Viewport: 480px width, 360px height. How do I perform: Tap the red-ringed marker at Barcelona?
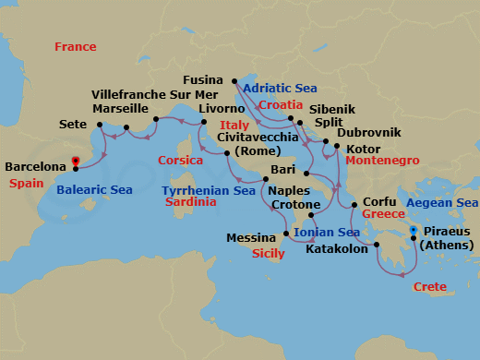[x=76, y=167]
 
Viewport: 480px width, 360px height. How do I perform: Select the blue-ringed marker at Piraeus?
[x=413, y=230]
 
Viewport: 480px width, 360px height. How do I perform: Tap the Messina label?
[x=252, y=237]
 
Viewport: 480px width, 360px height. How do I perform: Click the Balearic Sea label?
[x=94, y=190]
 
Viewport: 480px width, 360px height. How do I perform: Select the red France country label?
[x=75, y=46]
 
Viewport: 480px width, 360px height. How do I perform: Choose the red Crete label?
[x=430, y=287]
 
